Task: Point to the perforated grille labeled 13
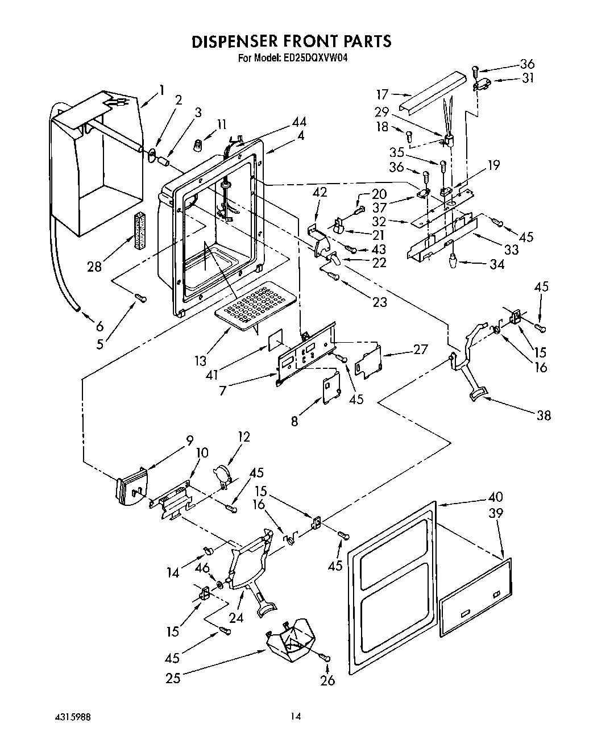click(x=256, y=305)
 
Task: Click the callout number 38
click(x=544, y=415)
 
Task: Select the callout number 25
click(x=172, y=678)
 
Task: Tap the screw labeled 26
click(x=326, y=658)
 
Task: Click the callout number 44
click(x=299, y=122)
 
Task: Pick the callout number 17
click(x=382, y=94)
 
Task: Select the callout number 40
click(x=495, y=497)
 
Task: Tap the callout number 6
click(x=100, y=326)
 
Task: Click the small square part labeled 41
click(x=276, y=340)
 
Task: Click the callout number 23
click(x=379, y=302)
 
